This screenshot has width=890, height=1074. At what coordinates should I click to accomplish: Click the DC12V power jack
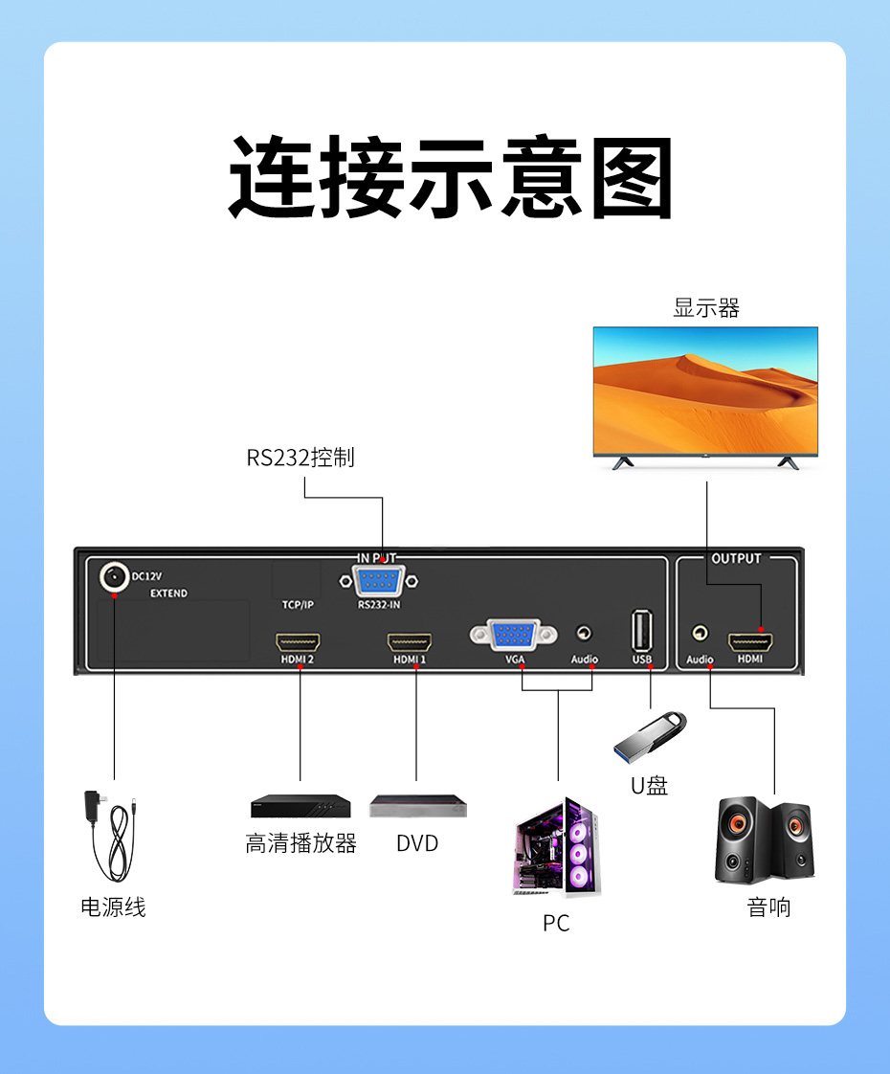pos(114,577)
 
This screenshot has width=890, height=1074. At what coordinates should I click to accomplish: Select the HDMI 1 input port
pos(410,642)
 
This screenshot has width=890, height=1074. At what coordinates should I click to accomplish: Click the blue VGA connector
pos(514,634)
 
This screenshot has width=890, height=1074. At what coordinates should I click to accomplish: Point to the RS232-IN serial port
pos(380,581)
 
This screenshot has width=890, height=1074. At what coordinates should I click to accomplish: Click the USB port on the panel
pos(641,632)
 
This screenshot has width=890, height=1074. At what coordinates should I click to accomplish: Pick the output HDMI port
pos(751,641)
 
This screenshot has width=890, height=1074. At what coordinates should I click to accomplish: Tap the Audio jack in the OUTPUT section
pos(701,634)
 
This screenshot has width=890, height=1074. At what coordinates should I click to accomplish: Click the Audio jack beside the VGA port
pos(584,634)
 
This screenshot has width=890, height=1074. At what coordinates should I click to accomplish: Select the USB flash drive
pos(650,731)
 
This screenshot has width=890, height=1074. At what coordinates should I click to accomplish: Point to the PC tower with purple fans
pos(556,847)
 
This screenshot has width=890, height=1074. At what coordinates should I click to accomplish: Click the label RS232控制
pos(300,458)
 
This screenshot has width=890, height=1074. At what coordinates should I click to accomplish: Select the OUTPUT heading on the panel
pos(736,559)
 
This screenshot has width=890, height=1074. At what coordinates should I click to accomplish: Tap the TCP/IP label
pos(298,605)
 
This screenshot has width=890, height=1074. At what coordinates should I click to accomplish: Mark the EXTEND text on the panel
pos(168,593)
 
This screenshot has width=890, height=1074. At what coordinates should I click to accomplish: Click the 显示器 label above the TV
pos(706,308)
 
